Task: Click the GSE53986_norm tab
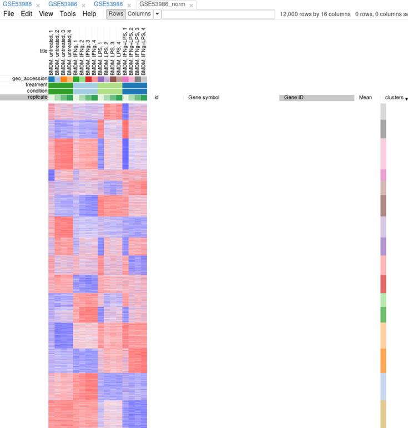[162, 4]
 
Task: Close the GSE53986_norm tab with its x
[192, 5]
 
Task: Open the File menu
[9, 14]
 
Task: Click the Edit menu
[27, 14]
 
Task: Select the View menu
[46, 14]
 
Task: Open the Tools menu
[68, 14]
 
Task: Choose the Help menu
[89, 14]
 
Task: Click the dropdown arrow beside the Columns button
[157, 14]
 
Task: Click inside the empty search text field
[218, 14]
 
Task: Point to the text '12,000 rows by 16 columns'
[314, 14]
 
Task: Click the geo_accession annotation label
[30, 79]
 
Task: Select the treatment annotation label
[36, 85]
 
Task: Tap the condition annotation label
[37, 91]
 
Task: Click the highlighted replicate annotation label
[37, 97]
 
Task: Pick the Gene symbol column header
[204, 98]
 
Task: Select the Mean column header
[365, 98]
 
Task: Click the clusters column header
[395, 98]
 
